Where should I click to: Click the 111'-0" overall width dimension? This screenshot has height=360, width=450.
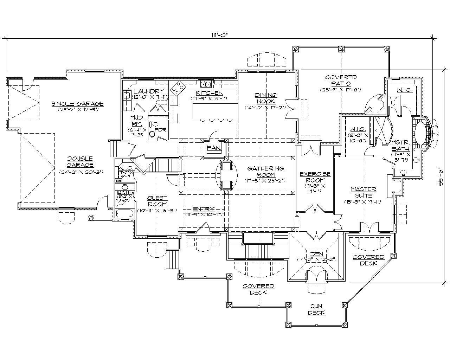pyautogui.click(x=219, y=34)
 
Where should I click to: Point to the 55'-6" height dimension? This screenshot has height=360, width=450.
pyautogui.click(x=441, y=179)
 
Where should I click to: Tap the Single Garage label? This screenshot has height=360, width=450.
pyautogui.click(x=78, y=104)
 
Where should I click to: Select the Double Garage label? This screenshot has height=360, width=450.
pyautogui.click(x=81, y=162)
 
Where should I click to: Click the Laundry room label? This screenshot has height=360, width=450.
pyautogui.click(x=149, y=91)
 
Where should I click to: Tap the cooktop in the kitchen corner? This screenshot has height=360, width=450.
pyautogui.click(x=179, y=86)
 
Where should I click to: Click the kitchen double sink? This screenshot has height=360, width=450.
pyautogui.click(x=206, y=84)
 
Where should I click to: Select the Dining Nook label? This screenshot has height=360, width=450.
pyautogui.click(x=266, y=98)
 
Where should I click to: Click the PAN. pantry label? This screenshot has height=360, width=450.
pyautogui.click(x=213, y=148)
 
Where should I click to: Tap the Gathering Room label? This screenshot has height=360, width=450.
pyautogui.click(x=265, y=172)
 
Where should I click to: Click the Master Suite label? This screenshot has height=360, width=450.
pyautogui.click(x=364, y=192)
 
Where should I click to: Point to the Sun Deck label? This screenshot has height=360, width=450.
pyautogui.click(x=316, y=309)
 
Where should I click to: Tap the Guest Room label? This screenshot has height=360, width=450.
pyautogui.click(x=157, y=201)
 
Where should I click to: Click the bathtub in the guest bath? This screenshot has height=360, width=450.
pyautogui.click(x=124, y=213)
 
